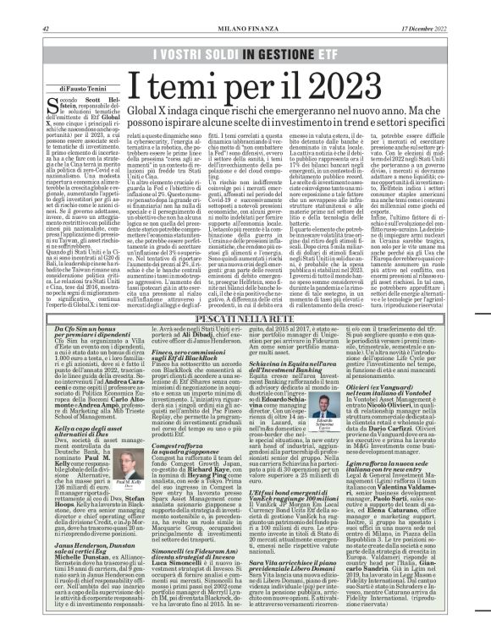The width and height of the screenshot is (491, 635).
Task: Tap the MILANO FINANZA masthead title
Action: click(x=245, y=7)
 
